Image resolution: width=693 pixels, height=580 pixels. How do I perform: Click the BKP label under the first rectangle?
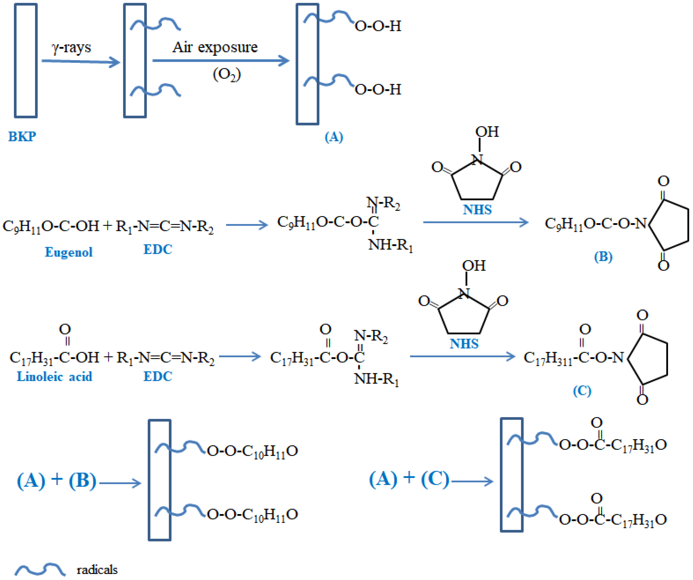(22, 136)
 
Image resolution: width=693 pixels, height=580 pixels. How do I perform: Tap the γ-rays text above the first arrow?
(71, 48)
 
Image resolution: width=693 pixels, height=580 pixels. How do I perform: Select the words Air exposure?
(215, 47)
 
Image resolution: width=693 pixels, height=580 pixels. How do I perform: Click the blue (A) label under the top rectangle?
(334, 137)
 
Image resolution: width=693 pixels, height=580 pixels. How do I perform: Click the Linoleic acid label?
(55, 376)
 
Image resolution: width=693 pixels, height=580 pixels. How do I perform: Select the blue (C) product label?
(582, 391)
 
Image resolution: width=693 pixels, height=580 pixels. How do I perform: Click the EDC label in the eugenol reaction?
(158, 249)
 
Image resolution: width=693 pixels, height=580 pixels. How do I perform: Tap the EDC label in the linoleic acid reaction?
(158, 376)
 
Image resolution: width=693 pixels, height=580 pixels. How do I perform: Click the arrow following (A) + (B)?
(120, 483)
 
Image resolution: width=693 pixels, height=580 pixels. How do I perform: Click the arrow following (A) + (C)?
(472, 482)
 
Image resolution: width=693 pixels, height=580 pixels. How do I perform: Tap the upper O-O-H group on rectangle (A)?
(378, 26)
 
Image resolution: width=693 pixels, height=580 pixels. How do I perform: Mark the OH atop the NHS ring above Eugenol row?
(487, 132)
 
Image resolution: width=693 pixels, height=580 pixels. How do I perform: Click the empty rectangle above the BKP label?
(26, 60)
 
